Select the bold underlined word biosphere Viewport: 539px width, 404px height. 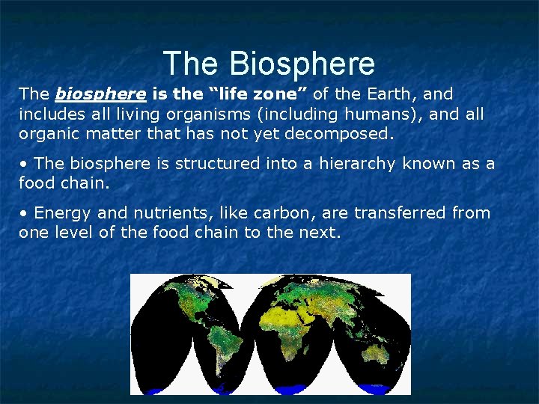[x=100, y=95]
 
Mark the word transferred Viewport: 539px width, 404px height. [x=401, y=212]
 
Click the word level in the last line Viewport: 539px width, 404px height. [x=73, y=233]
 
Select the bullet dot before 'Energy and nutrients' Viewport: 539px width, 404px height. [x=24, y=213]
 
